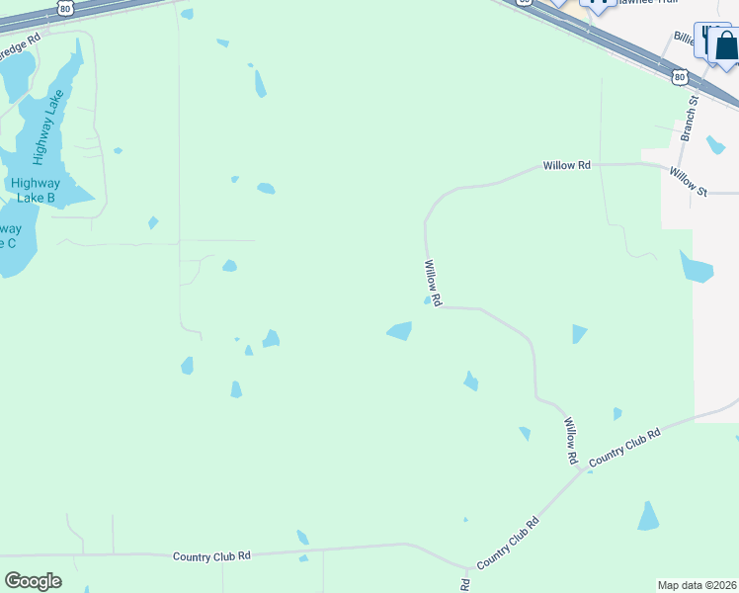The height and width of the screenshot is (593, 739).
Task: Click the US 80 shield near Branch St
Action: coord(678,75)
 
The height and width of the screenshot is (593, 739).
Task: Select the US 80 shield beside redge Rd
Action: coord(65,7)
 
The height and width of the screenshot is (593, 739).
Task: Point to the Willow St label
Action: coord(688,181)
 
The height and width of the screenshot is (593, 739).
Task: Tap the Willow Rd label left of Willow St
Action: coord(566,166)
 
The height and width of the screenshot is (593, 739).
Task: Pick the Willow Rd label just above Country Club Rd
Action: coord(570,441)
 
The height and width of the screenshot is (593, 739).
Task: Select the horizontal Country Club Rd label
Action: coord(211,556)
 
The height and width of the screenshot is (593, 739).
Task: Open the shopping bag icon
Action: coord(726,45)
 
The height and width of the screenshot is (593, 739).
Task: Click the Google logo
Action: coord(33,581)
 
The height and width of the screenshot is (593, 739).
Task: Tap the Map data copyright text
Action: coord(698,585)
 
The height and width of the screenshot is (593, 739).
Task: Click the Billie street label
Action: coord(685,37)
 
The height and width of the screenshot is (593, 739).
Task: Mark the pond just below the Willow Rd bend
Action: coord(399,331)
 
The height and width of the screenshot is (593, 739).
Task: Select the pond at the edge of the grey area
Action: coord(696,266)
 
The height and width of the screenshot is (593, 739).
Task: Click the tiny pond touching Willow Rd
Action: coord(428,300)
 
